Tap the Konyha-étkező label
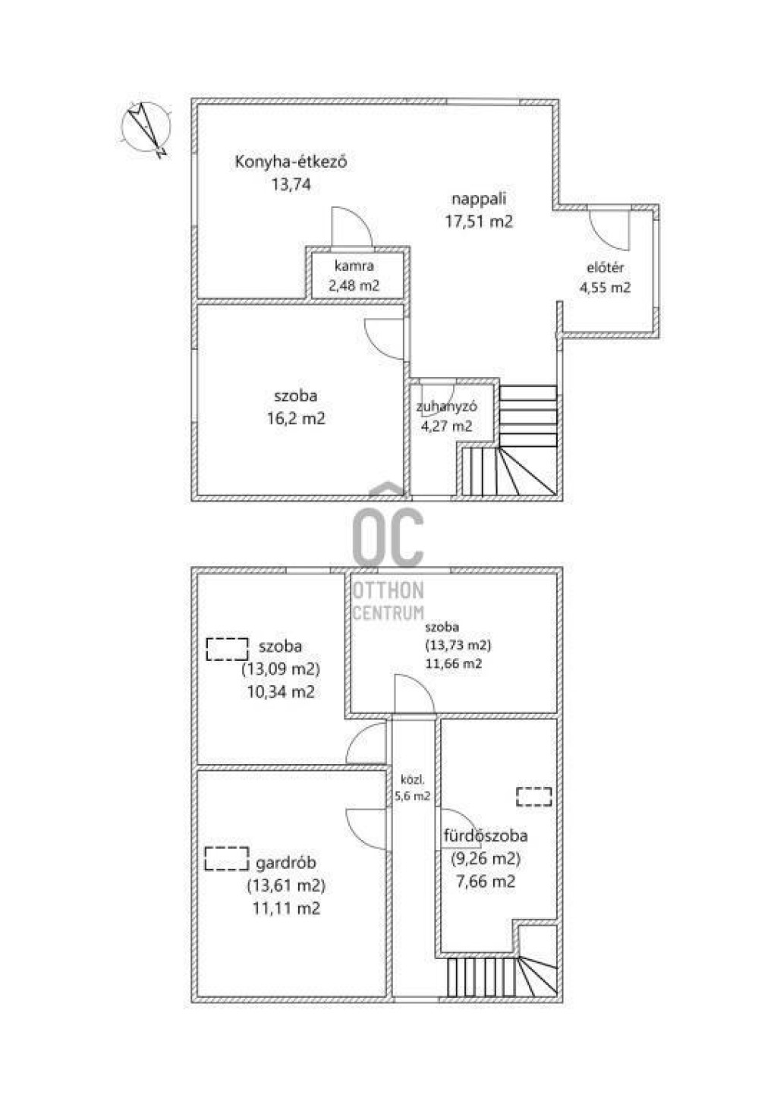point(291,162)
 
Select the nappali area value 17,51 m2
point(479,221)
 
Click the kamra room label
point(354,266)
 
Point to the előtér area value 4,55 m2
point(605,288)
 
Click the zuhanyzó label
point(446,407)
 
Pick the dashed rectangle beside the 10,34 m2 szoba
point(227,649)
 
